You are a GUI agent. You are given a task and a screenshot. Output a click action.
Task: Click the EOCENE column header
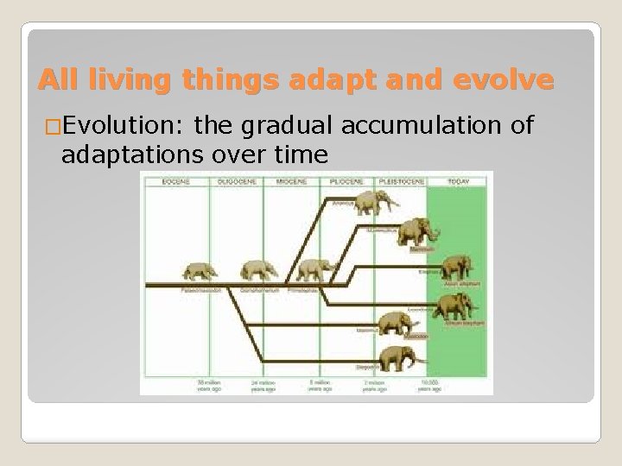177,182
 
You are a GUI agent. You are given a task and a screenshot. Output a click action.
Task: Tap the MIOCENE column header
292,182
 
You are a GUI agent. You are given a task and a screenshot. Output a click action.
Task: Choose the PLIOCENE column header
346,182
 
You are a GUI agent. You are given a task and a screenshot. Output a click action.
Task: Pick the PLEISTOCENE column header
399,182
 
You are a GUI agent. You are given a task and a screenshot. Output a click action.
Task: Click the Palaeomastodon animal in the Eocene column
200,272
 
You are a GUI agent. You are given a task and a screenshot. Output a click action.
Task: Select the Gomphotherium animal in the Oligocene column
257,270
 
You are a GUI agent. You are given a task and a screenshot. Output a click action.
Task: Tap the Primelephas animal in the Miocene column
313,270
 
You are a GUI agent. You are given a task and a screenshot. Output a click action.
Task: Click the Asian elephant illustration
455,267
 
